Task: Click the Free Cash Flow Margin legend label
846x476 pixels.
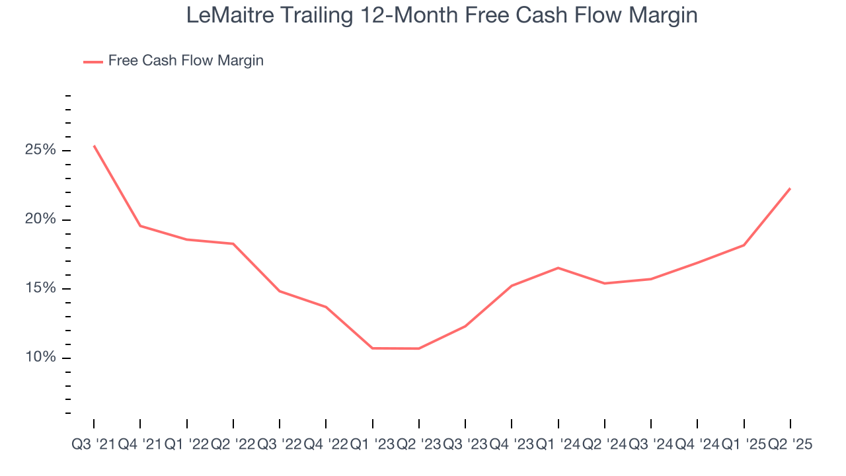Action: [x=186, y=61]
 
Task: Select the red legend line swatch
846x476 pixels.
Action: [x=93, y=61]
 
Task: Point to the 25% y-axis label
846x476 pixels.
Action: [x=40, y=150]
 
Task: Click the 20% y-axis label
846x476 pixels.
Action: [x=40, y=219]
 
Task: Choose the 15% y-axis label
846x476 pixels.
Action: [x=40, y=288]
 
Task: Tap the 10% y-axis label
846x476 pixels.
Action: [x=40, y=358]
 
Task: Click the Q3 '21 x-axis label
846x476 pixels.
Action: [x=93, y=445]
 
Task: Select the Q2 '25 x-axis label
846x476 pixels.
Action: [x=790, y=445]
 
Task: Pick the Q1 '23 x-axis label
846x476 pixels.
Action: [x=372, y=445]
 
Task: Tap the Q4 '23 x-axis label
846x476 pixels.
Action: [x=512, y=445]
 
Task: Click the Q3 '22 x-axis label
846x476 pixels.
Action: [x=280, y=445]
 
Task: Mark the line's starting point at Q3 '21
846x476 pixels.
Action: [x=94, y=145]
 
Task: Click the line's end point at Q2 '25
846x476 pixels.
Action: [x=790, y=188]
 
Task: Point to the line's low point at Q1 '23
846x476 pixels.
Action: [x=373, y=348]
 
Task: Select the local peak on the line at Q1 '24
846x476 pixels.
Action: [x=558, y=268]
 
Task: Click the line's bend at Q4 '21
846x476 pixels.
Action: [x=140, y=226]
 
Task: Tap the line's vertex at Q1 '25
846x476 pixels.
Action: [x=744, y=245]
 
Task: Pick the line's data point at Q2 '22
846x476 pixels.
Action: [x=233, y=244]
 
